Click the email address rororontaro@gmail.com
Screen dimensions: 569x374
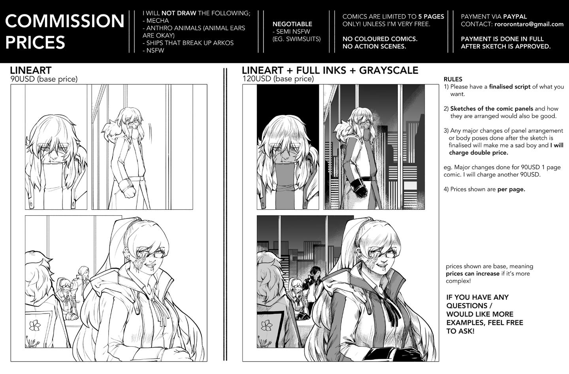coord(529,24)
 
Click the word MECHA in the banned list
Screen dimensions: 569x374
coord(158,21)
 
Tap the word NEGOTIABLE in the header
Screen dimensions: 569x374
coord(292,24)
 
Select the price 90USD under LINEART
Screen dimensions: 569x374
coord(23,79)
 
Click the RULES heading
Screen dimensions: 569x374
coord(453,79)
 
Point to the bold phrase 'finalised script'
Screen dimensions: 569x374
coord(510,86)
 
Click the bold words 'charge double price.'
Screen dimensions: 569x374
coord(479,152)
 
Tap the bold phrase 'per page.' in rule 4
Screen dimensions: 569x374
coord(511,190)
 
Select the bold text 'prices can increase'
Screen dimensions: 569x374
coord(473,274)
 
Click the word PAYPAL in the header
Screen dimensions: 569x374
coord(515,17)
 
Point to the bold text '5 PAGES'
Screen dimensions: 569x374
coord(431,17)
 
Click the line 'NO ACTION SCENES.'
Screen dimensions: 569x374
coord(374,47)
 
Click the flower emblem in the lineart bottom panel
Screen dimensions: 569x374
coord(35,325)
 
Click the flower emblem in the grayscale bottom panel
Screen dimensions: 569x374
coord(267,325)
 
